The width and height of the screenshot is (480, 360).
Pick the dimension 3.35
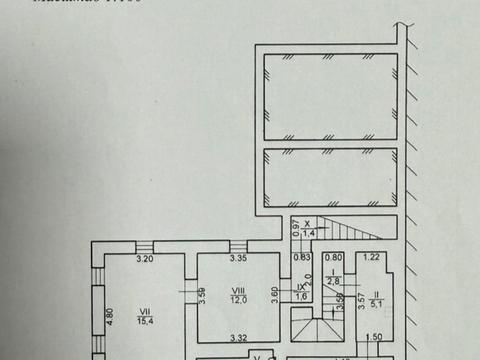(x=237, y=259)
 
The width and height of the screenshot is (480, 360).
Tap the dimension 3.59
(x=201, y=295)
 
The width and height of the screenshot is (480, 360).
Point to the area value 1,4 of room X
(x=309, y=233)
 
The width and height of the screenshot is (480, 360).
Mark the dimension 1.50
(x=374, y=336)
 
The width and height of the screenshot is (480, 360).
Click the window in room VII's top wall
(x=146, y=249)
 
